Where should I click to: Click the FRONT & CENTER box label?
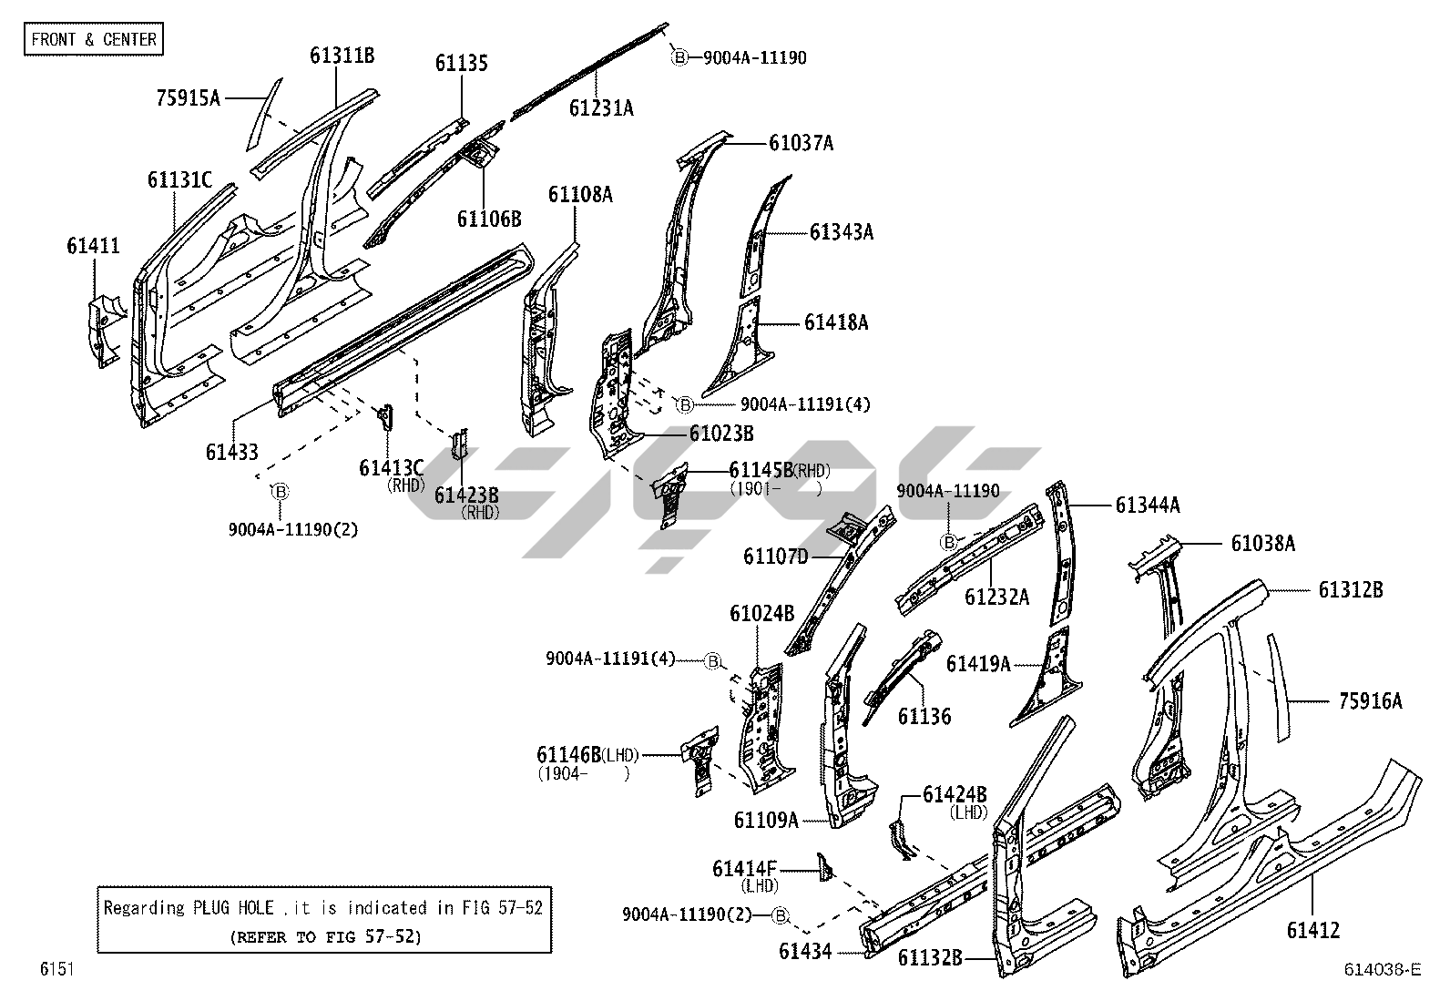[94, 39]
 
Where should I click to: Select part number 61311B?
[342, 56]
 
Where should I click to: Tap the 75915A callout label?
[188, 97]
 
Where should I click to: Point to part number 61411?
[93, 245]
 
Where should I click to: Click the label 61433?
[231, 451]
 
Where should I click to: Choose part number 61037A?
[801, 143]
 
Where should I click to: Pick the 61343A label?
[841, 232]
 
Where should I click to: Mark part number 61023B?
[721, 434]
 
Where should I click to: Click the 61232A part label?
[996, 597]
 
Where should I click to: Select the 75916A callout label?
[1370, 700]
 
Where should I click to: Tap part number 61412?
[1312, 930]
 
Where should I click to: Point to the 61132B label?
[929, 957]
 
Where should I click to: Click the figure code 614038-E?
[1382, 969]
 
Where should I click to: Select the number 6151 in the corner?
[56, 969]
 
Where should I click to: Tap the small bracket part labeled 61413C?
[385, 417]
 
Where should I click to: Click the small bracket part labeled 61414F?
[827, 868]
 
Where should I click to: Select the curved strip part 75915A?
[262, 113]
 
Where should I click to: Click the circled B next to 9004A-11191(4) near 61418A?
[684, 403]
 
